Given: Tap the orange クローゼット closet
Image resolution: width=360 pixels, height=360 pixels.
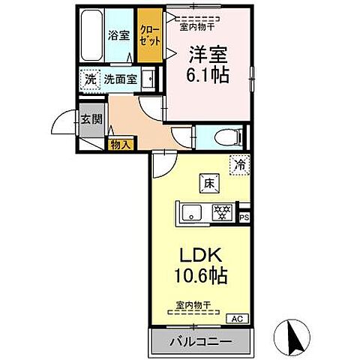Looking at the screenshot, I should point(147,35).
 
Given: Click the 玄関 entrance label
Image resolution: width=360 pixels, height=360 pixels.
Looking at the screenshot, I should point(92,118).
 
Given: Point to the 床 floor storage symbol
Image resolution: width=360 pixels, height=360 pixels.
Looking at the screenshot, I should point(206,181).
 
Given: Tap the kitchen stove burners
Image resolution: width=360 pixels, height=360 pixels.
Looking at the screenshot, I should point(223,213).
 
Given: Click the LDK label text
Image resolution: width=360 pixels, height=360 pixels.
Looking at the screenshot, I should point(199,256).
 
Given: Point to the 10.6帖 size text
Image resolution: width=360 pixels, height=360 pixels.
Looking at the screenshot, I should point(199,275).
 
